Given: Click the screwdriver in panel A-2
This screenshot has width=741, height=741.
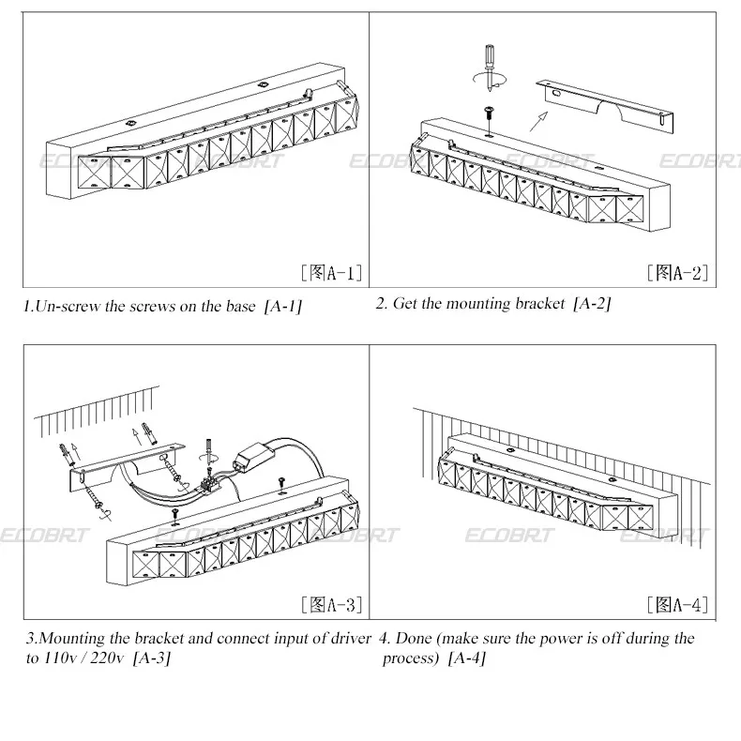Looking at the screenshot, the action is (490, 68).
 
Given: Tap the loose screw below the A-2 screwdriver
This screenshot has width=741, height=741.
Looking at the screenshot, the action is (488, 118).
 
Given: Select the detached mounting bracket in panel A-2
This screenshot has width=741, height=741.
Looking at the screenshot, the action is (605, 105).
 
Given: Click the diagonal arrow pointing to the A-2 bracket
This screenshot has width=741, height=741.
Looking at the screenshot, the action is (538, 121).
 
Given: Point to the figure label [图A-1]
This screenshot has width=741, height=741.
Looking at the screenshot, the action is (332, 273).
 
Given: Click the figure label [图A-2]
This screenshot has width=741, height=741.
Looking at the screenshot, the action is (677, 273).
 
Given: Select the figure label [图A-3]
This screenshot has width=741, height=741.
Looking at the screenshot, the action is (332, 604).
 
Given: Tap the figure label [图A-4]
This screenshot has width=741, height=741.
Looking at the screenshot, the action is (677, 604).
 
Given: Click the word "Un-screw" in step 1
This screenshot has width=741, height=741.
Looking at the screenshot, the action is (68, 306).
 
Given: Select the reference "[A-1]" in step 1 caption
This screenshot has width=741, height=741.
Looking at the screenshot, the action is (283, 307).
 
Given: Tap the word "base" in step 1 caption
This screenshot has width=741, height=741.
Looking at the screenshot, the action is (240, 306).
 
